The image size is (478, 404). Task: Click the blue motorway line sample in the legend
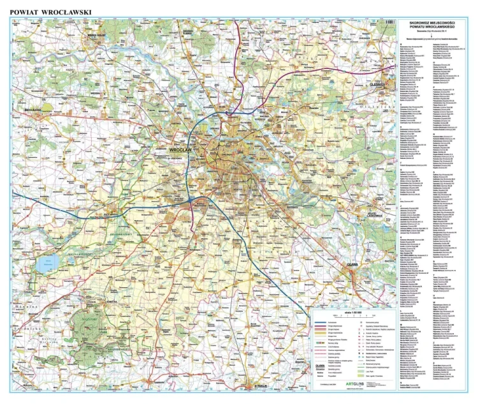[324, 324]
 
